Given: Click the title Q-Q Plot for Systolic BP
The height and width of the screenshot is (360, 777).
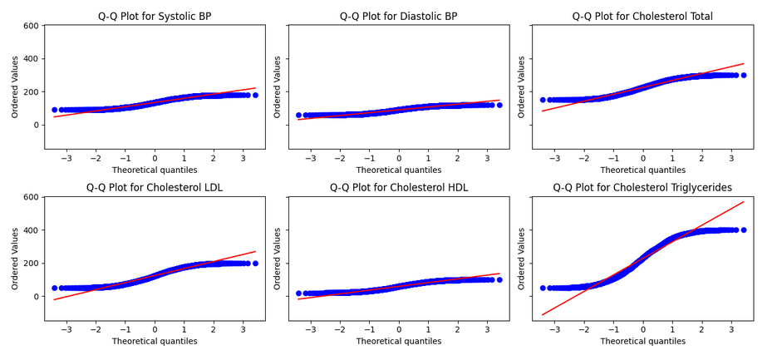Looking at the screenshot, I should pyautogui.click(x=155, y=16).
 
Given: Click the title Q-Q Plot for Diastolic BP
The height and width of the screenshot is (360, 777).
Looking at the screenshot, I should pyautogui.click(x=399, y=16).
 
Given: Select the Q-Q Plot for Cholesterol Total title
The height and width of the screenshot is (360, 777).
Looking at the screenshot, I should pyautogui.click(x=642, y=16).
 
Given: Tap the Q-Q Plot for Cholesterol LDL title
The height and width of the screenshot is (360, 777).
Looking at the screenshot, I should pyautogui.click(x=155, y=188).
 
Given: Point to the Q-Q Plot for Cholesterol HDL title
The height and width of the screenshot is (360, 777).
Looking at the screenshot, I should pyautogui.click(x=399, y=188).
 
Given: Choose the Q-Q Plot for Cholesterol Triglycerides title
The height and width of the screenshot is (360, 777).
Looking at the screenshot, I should pyautogui.click(x=642, y=188).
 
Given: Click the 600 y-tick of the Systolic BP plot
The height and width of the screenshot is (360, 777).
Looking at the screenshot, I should pyautogui.click(x=30, y=26).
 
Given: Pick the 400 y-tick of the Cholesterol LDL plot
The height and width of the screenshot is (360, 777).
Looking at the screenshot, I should pyautogui.click(x=30, y=230).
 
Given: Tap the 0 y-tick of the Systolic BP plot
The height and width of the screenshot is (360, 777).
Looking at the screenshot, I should pyautogui.click(x=35, y=125).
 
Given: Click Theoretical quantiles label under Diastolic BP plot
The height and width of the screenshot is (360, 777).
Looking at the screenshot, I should pyautogui.click(x=399, y=170).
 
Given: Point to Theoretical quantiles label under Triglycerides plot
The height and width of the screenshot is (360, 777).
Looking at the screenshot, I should pyautogui.click(x=642, y=341).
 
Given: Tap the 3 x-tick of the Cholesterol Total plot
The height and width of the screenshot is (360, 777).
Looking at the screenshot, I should pyautogui.click(x=731, y=158).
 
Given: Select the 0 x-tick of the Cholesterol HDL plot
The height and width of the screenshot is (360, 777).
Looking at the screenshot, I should pyautogui.click(x=399, y=329).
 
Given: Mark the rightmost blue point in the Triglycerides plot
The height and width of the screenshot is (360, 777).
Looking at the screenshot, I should pyautogui.click(x=744, y=230).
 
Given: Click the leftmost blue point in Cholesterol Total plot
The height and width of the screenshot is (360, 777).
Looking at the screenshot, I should pyautogui.click(x=543, y=100).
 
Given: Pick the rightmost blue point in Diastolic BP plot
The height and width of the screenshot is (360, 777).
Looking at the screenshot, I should pyautogui.click(x=499, y=105).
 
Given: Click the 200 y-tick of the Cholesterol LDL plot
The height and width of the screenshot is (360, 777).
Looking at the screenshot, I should pyautogui.click(x=30, y=264).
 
